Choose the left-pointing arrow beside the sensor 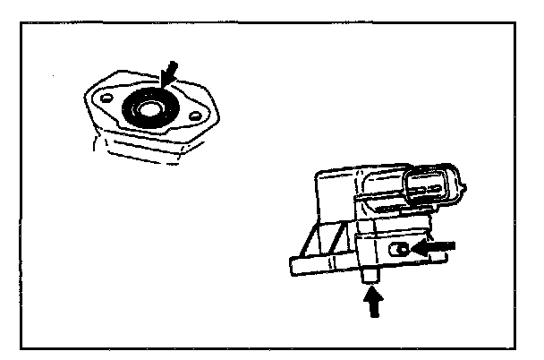(x=439, y=244)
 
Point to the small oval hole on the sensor (x=403, y=248)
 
